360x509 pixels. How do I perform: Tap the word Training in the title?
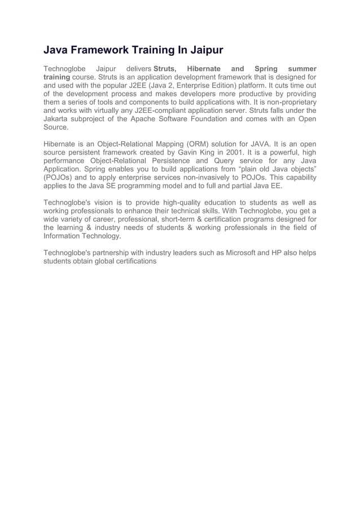153,51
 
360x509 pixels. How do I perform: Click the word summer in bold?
302,68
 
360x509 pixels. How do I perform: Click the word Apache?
151,119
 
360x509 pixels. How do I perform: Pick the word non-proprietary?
288,102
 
